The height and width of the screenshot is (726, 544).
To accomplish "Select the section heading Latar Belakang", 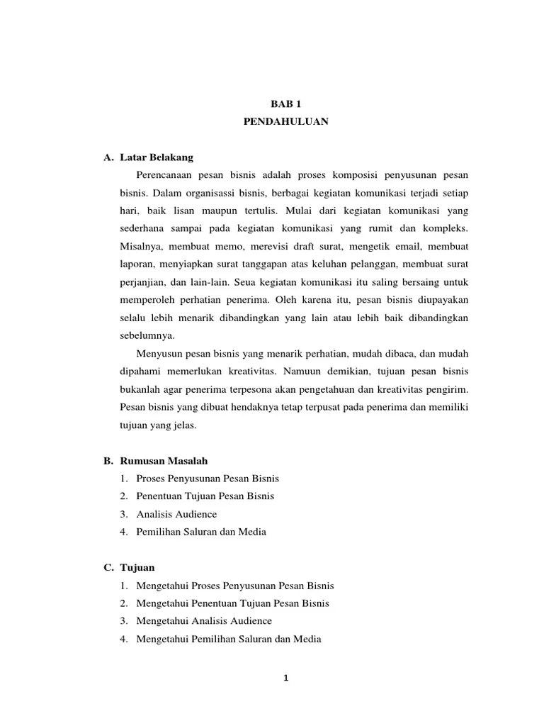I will [x=157, y=157].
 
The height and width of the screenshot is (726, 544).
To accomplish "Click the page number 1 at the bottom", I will [x=285, y=678].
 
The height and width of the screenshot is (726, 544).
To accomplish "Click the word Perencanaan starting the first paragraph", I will [x=165, y=174].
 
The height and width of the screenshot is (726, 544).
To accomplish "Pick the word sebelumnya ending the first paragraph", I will [x=147, y=335].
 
